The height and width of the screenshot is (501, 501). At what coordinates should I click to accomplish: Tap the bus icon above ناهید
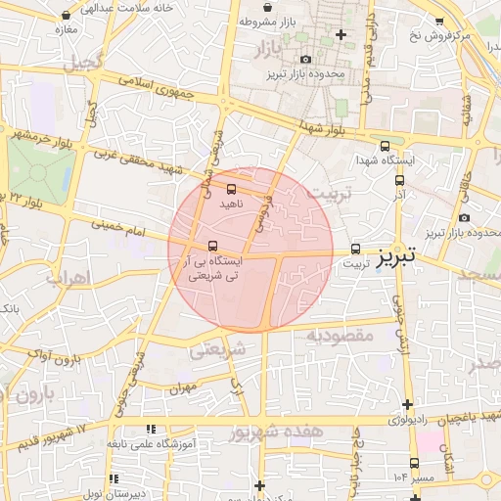(231, 188)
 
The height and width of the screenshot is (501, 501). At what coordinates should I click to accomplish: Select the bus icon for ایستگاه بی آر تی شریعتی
(213, 245)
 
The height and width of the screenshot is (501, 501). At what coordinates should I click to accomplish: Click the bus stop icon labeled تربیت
(355, 249)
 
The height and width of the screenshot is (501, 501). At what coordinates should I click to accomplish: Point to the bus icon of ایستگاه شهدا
(385, 144)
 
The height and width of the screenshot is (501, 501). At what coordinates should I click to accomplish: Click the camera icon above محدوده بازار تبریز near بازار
(306, 60)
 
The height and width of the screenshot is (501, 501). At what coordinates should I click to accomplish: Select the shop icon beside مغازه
(66, 17)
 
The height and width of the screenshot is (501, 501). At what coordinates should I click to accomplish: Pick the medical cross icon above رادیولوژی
(407, 405)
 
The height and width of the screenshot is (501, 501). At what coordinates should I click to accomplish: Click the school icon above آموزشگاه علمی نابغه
(152, 428)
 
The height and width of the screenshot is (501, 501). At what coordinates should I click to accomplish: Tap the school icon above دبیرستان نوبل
(114, 479)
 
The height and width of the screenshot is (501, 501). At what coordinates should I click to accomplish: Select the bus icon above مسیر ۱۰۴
(415, 463)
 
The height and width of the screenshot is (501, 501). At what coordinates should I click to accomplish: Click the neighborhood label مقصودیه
(341, 336)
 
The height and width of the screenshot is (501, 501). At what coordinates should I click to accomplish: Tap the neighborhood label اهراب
(67, 278)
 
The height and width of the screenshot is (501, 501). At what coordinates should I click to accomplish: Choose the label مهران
(182, 388)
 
